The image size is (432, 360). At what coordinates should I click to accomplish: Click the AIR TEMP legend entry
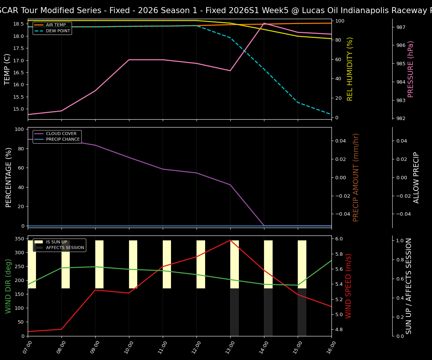(x=55, y=25)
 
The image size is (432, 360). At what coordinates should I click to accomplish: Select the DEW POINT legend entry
(x=58, y=31)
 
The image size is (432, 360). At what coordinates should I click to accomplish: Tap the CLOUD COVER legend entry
(x=61, y=133)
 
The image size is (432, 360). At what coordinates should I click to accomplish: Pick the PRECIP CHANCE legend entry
(x=63, y=139)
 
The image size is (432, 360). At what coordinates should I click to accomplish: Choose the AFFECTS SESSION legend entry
(x=64, y=248)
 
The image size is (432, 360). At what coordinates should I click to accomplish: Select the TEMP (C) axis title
(x=7, y=69)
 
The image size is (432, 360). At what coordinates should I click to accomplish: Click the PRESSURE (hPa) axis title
(x=411, y=69)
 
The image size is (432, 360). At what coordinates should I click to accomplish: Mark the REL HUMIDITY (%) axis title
(x=350, y=69)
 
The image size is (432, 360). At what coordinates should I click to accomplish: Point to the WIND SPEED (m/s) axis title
(x=349, y=286)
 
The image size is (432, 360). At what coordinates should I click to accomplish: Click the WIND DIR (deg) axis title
(x=8, y=286)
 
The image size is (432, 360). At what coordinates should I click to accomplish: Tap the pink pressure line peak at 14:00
(x=264, y=23)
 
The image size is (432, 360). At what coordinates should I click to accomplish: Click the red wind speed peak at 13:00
(x=230, y=240)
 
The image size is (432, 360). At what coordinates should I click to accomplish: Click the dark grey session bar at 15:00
(x=302, y=312)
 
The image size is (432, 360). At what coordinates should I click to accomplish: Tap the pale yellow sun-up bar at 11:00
(x=167, y=264)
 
